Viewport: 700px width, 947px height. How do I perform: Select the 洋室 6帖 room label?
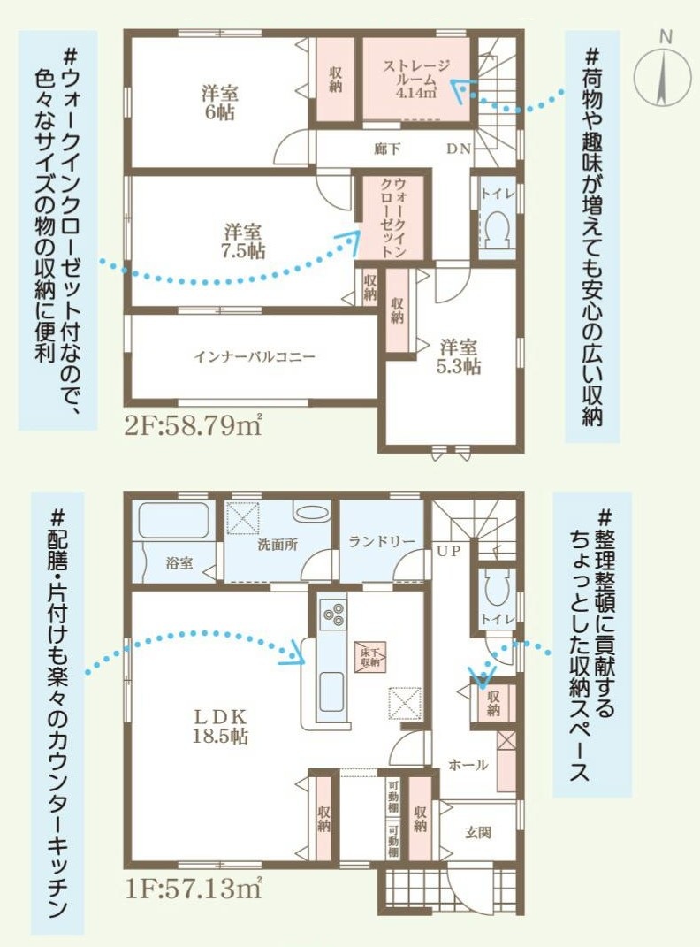(x=220, y=103)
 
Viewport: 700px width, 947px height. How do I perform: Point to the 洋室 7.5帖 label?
(x=242, y=241)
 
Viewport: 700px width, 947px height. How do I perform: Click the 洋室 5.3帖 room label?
(x=459, y=357)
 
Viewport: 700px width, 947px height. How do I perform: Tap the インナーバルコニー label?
(x=254, y=356)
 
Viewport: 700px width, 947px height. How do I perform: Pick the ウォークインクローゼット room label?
(x=392, y=218)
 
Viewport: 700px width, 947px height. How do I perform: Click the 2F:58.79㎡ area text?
(x=193, y=426)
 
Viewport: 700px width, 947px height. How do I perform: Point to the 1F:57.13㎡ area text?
(x=193, y=889)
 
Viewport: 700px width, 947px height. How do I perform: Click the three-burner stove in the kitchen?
(x=332, y=615)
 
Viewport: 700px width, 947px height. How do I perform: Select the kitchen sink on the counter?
(x=332, y=691)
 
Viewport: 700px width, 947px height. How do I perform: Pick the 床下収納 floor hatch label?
(x=370, y=657)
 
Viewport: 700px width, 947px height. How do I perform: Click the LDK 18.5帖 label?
(x=220, y=726)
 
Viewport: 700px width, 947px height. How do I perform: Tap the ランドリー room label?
(x=382, y=542)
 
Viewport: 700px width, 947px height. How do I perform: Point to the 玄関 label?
(x=478, y=833)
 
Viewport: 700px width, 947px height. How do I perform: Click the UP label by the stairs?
(x=449, y=551)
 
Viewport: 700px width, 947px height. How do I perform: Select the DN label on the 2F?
(x=459, y=149)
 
